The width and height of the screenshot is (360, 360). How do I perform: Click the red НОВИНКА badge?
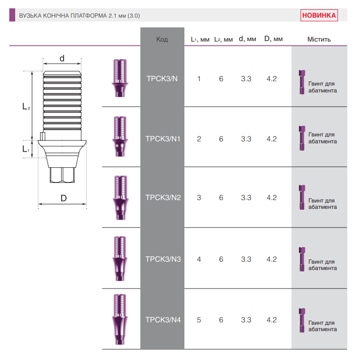tap(319, 15)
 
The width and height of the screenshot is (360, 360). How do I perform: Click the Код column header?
tap(162, 39)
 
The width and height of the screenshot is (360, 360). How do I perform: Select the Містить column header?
tap(319, 39)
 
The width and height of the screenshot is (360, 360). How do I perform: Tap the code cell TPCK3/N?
tap(162, 79)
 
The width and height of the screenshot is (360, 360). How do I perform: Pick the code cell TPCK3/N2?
tap(163, 198)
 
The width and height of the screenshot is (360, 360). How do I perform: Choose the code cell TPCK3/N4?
tap(163, 319)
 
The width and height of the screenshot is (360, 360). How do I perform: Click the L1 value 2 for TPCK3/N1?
tap(199, 139)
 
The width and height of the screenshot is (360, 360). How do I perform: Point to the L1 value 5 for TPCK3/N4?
tap(199, 319)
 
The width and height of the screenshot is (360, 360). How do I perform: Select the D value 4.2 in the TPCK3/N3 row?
tap(271, 259)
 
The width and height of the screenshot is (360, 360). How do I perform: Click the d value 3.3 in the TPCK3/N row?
tap(246, 79)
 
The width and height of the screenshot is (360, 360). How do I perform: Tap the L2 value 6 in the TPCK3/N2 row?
tap(221, 198)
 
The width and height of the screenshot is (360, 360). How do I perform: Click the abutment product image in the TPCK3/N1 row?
tap(120, 136)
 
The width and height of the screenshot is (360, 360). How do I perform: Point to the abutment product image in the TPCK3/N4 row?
tap(120, 319)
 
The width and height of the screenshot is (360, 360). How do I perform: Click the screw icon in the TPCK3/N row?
tap(302, 82)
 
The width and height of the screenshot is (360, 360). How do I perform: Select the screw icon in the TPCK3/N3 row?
tap(302, 259)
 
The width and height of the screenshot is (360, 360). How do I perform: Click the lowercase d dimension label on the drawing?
tap(62, 58)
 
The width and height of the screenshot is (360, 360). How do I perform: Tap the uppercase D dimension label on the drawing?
tap(64, 198)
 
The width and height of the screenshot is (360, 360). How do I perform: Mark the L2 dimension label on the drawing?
tap(26, 107)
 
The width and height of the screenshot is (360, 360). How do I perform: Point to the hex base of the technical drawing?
tap(62, 175)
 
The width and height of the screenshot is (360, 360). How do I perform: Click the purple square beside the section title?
tap(12, 15)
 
